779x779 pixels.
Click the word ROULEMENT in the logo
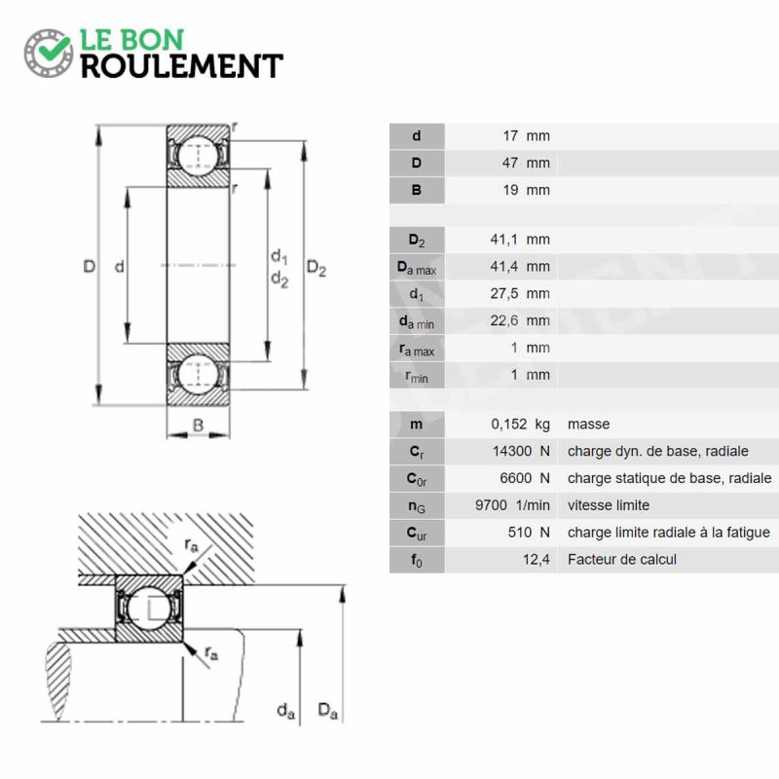click(x=182, y=66)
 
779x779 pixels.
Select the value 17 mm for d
click(x=526, y=135)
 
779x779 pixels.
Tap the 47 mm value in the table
click(x=526, y=163)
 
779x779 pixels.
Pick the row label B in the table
click(x=417, y=190)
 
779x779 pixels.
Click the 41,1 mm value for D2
click(x=520, y=240)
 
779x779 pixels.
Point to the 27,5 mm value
click(x=520, y=294)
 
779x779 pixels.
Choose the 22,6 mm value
click(x=520, y=321)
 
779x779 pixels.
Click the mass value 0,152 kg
click(x=521, y=425)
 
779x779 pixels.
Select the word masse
click(x=588, y=425)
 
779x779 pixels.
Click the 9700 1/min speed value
click(x=513, y=505)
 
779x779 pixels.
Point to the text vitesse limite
click(x=609, y=505)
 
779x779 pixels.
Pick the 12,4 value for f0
click(x=537, y=560)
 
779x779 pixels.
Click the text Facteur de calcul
click(x=622, y=559)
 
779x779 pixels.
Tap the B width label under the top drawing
click(x=198, y=426)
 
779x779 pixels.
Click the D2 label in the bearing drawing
click(x=316, y=269)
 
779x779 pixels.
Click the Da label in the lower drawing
click(x=328, y=711)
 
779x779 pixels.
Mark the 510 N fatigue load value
click(x=529, y=533)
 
